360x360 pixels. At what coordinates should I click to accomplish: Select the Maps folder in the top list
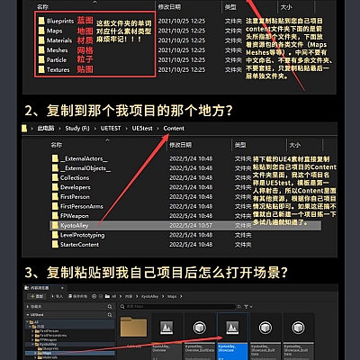[x=57, y=29]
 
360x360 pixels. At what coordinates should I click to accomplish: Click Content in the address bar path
[x=175, y=129]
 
